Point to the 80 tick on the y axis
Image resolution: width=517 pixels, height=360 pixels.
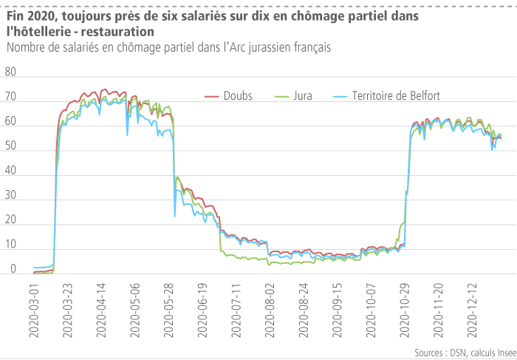coord(10,72)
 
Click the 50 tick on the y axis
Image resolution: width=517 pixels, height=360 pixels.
coord(10,147)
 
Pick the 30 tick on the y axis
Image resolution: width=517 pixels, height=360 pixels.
coord(10,197)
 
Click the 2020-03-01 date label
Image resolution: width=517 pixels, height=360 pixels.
coord(33,312)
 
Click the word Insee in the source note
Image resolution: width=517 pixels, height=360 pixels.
coord(499,353)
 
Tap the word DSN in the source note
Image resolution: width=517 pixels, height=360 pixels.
coord(452,353)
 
